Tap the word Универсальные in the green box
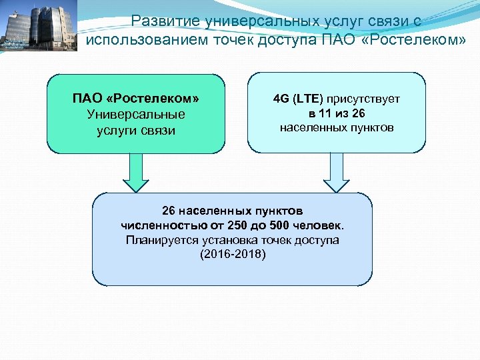click(136, 114)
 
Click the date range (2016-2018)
click(233, 255)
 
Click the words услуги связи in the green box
click(136, 130)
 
